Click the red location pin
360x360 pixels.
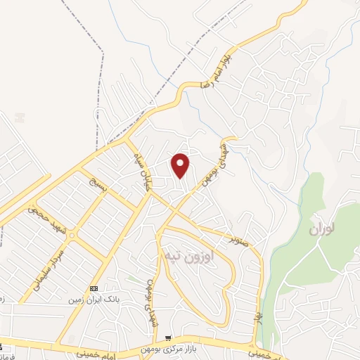181,165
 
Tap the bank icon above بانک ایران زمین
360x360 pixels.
94,288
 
